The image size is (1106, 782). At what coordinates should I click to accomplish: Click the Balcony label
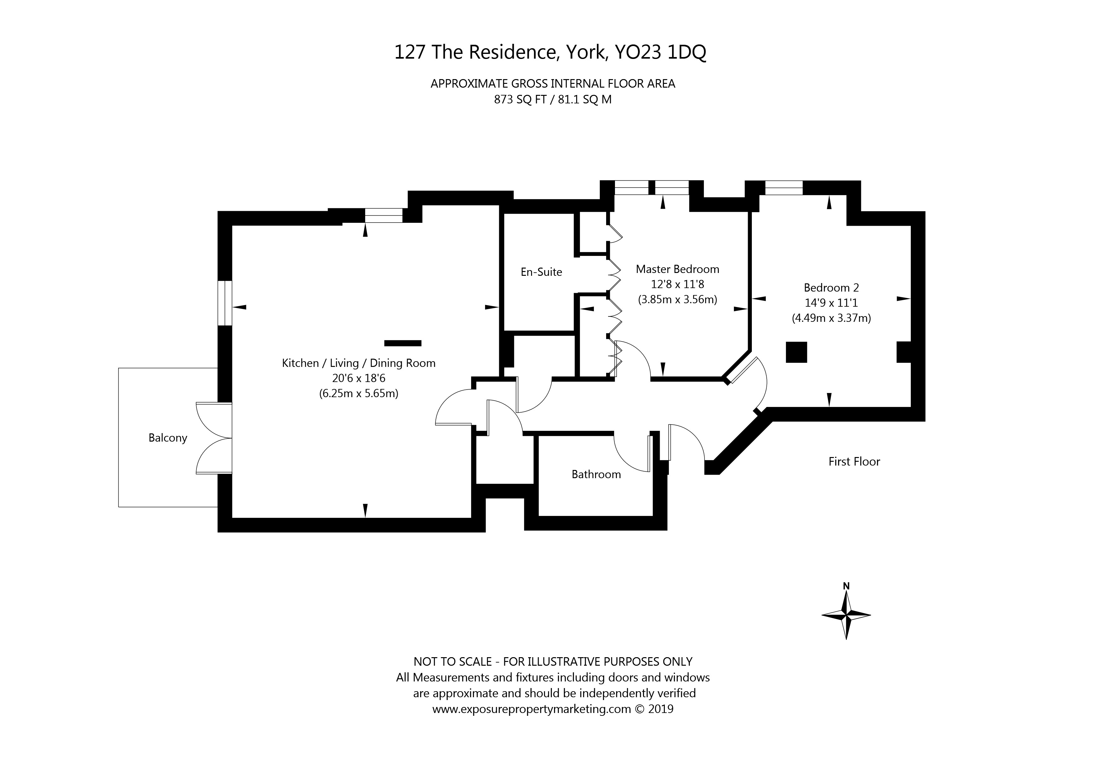tap(168, 438)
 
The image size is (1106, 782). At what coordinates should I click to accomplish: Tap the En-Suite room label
tap(541, 272)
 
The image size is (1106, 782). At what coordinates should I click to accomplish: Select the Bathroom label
tap(596, 474)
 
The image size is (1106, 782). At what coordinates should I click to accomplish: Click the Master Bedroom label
tap(677, 269)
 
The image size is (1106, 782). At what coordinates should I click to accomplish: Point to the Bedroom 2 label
tap(831, 287)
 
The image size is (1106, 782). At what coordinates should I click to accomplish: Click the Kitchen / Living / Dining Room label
tap(358, 363)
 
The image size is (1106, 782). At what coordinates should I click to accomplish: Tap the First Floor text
tap(854, 461)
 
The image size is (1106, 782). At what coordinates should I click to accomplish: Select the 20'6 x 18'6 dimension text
tap(358, 379)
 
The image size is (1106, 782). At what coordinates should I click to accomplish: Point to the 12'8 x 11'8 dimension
tap(677, 284)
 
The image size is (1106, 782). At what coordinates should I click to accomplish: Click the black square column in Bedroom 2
tap(796, 352)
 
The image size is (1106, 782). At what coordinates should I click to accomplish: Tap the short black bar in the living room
tap(403, 343)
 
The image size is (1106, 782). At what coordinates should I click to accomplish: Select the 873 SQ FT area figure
tap(520, 100)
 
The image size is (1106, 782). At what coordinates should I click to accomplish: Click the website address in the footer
tap(531, 709)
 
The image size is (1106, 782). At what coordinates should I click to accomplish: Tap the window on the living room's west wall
tap(225, 303)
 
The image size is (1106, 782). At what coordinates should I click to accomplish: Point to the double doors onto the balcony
tap(215, 438)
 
